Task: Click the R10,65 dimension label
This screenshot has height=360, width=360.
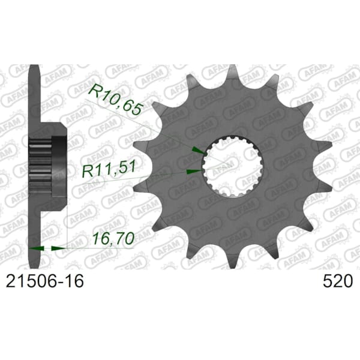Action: pos(115,100)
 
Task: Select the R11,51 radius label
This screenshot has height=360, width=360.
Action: pos(109,169)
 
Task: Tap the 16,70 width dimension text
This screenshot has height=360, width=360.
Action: pos(113,238)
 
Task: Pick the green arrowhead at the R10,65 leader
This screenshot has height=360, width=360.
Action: pos(197,151)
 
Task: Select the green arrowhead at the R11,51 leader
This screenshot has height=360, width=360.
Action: pos(194,171)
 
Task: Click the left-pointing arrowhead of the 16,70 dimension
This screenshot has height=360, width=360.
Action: pos(37,248)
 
